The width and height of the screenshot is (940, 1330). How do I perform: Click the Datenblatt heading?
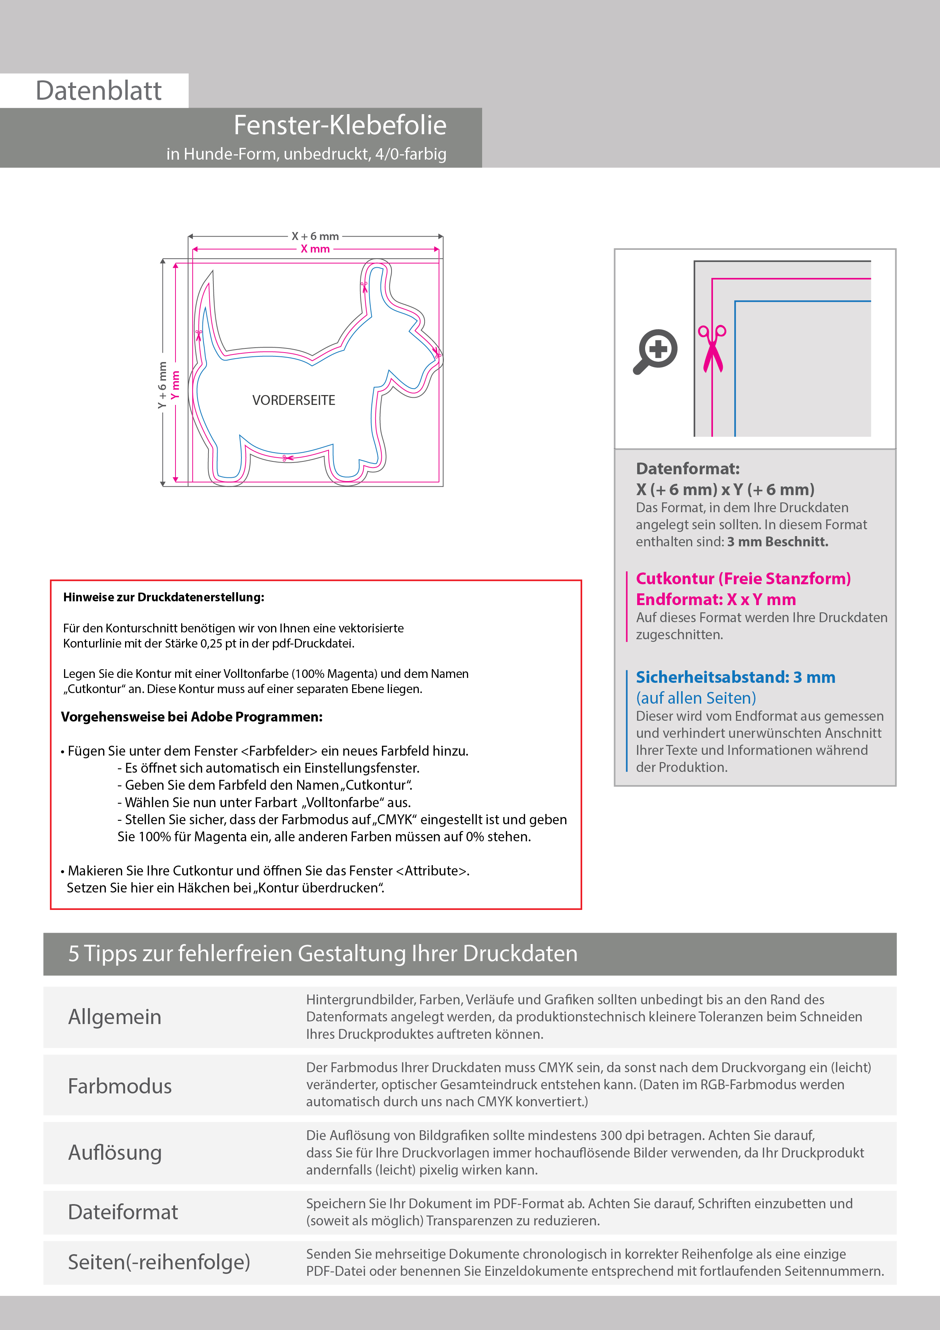(99, 91)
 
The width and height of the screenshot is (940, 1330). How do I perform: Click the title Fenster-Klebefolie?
(340, 125)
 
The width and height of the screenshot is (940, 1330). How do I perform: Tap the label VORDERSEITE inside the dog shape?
(294, 400)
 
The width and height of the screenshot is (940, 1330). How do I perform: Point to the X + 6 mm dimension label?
(315, 236)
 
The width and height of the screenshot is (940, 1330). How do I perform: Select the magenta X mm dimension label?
(315, 249)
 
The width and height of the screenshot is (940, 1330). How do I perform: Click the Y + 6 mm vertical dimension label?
(162, 385)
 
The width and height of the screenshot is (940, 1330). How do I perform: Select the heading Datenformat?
(688, 469)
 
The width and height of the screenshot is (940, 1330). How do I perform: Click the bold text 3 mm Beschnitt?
(777, 542)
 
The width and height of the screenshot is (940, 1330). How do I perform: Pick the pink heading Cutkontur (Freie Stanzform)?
(743, 579)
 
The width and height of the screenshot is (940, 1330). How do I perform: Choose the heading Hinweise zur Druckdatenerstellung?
(163, 597)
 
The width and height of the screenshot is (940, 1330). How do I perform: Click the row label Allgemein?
(115, 1017)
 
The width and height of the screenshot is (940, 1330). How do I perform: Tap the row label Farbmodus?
(120, 1086)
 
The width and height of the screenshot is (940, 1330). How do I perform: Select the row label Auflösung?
(115, 1153)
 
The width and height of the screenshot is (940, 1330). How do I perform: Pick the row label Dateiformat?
(123, 1212)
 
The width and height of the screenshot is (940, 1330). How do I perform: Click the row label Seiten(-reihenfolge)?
(159, 1262)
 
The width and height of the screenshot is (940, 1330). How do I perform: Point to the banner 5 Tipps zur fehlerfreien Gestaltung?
(323, 954)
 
